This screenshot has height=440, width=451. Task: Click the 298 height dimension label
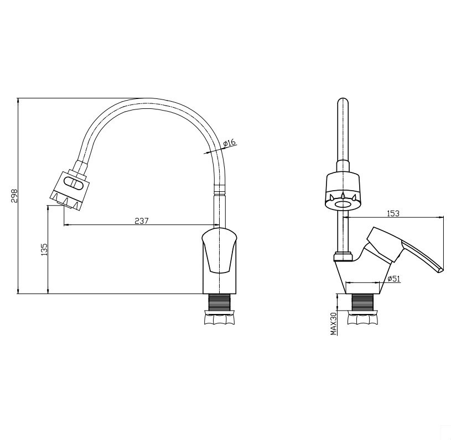pyautogui.click(x=14, y=196)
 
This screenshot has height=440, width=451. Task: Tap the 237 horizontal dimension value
pyautogui.click(x=142, y=221)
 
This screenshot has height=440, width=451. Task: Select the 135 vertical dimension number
pyautogui.click(x=44, y=249)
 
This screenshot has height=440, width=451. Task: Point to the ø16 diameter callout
pyautogui.click(x=229, y=143)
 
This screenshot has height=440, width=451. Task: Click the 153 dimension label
pyautogui.click(x=393, y=213)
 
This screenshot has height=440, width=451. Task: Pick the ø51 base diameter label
pyautogui.click(x=393, y=279)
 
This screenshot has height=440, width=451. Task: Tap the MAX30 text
pyautogui.click(x=334, y=323)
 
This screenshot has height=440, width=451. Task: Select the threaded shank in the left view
pyautogui.click(x=219, y=302)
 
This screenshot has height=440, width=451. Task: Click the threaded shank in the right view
pyautogui.click(x=362, y=302)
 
